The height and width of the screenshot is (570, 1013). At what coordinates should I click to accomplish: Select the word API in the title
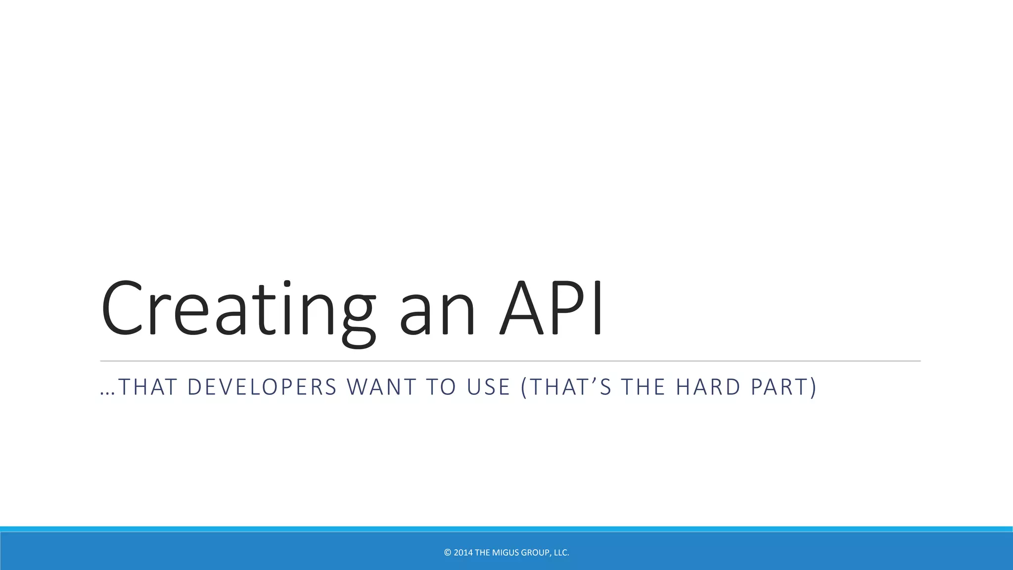pos(552,309)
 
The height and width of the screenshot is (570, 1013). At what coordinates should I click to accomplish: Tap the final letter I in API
pos(598,309)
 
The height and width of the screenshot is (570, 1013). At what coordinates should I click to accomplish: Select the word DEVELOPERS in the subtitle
pos(262,387)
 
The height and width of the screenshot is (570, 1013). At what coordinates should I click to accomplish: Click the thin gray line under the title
pos(509,361)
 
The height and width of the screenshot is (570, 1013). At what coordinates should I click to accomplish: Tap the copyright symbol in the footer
pos(448,553)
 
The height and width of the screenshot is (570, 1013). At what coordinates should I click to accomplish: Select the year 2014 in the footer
pos(463,553)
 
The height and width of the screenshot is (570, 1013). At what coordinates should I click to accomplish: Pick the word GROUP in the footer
pos(536,553)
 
